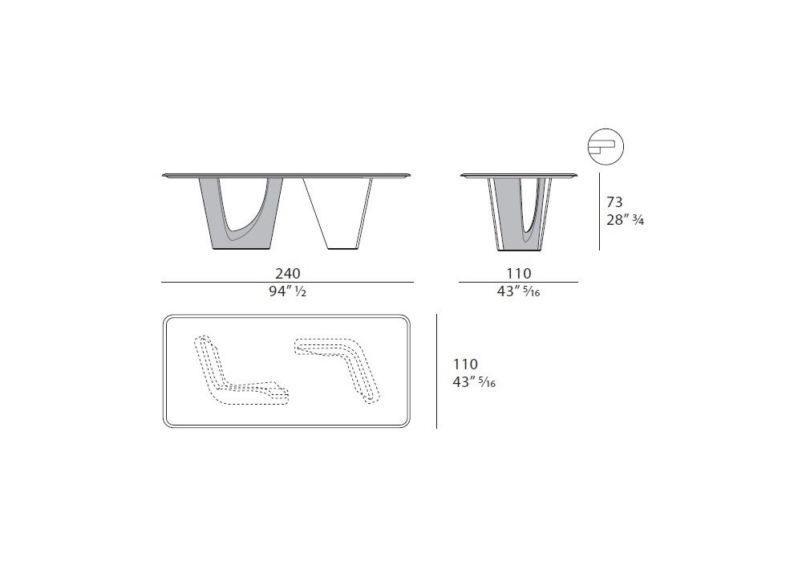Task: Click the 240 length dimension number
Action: pyautogui.click(x=288, y=273)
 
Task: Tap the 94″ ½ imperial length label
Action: pyautogui.click(x=287, y=291)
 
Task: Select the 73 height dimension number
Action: pyautogui.click(x=614, y=202)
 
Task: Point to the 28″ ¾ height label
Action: pyautogui.click(x=625, y=219)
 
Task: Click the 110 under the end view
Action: pyautogui.click(x=519, y=273)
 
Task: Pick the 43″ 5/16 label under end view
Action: pyautogui.click(x=518, y=291)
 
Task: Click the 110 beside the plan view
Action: pyautogui.click(x=465, y=364)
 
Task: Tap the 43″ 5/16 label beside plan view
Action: pyautogui.click(x=474, y=382)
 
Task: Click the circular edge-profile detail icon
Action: pyautogui.click(x=606, y=146)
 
